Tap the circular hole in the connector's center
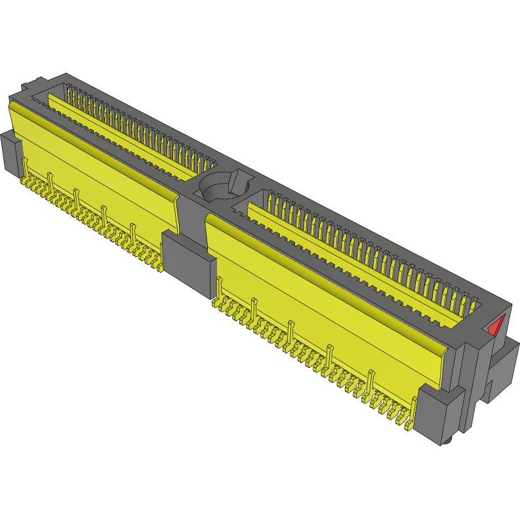(x=218, y=188)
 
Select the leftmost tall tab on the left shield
(x=25, y=167)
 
